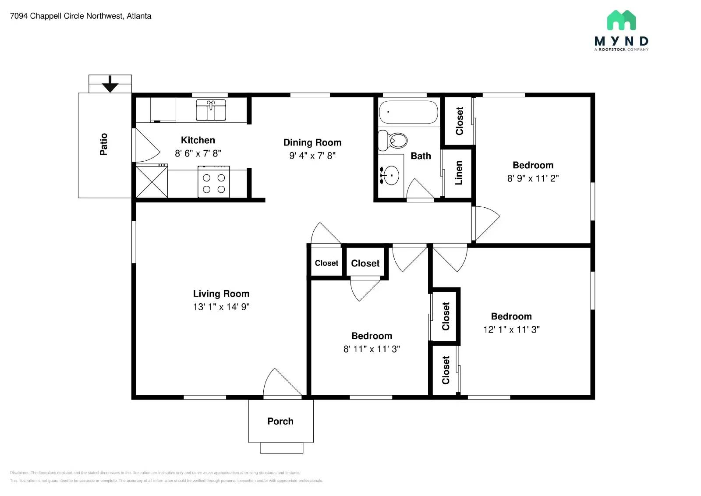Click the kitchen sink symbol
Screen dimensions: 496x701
[x=211, y=110]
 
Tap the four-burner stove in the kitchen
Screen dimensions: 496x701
[x=214, y=182]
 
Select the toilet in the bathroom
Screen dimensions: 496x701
[x=393, y=140]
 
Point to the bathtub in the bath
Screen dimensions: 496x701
[x=408, y=112]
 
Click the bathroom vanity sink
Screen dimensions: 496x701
[x=390, y=175]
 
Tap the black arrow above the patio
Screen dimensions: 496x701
[x=110, y=84]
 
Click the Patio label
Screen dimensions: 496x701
[x=104, y=144]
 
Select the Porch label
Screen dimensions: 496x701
[x=280, y=421]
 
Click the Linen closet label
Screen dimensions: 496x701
[x=459, y=173]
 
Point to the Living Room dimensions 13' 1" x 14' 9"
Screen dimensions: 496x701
[x=221, y=307]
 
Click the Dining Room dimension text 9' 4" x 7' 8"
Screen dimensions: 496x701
[x=312, y=156]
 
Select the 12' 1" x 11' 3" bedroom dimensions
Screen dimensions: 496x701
[x=511, y=329]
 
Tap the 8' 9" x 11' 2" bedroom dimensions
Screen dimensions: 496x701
[x=533, y=178]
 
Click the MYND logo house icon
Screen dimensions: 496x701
[x=621, y=20]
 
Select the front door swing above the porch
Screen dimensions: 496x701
[x=281, y=383]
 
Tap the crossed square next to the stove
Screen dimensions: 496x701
[x=152, y=181]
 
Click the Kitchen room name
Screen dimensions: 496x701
[x=198, y=140]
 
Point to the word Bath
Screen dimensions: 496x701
[x=421, y=156]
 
